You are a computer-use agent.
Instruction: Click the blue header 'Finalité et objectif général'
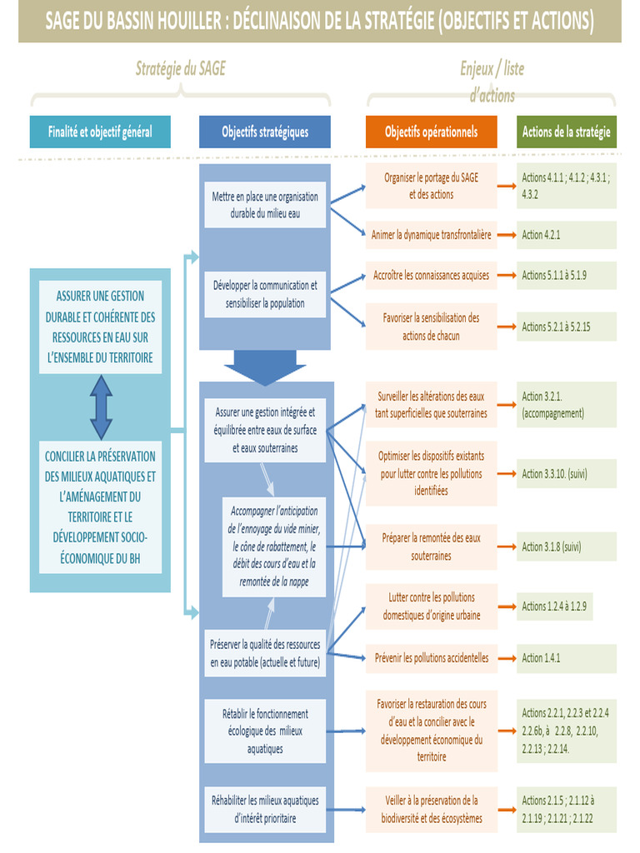pyautogui.click(x=100, y=132)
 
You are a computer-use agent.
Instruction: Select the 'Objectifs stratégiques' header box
pyautogui.click(x=265, y=132)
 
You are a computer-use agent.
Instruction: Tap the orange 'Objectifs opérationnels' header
pyautogui.click(x=431, y=132)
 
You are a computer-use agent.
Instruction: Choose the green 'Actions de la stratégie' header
pyautogui.click(x=566, y=132)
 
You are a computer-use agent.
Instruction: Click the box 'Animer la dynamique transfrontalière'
pyautogui.click(x=431, y=235)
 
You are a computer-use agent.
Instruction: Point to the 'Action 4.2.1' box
pyautogui.click(x=567, y=235)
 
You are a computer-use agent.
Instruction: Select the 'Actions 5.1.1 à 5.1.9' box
pyautogui.click(x=567, y=275)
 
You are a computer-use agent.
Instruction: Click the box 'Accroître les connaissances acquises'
pyautogui.click(x=431, y=275)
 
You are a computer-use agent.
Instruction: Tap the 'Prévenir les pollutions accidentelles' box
pyautogui.click(x=431, y=658)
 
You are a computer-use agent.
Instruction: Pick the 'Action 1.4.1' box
pyautogui.click(x=567, y=658)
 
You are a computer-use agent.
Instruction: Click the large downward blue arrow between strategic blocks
pyautogui.click(x=265, y=367)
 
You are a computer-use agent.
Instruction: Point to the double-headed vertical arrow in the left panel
pyautogui.click(x=101, y=407)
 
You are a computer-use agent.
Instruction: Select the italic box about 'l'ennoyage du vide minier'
pyautogui.click(x=274, y=546)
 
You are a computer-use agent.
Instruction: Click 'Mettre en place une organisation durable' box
pyautogui.click(x=265, y=205)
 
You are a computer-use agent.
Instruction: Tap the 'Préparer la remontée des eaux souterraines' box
pyautogui.click(x=431, y=546)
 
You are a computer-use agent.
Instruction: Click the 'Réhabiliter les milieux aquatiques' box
pyautogui.click(x=265, y=809)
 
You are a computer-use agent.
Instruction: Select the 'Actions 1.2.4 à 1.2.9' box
pyautogui.click(x=567, y=606)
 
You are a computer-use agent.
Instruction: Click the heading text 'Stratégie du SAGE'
pyautogui.click(x=180, y=69)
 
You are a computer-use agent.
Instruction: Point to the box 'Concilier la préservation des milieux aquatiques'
pyautogui.click(x=100, y=506)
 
